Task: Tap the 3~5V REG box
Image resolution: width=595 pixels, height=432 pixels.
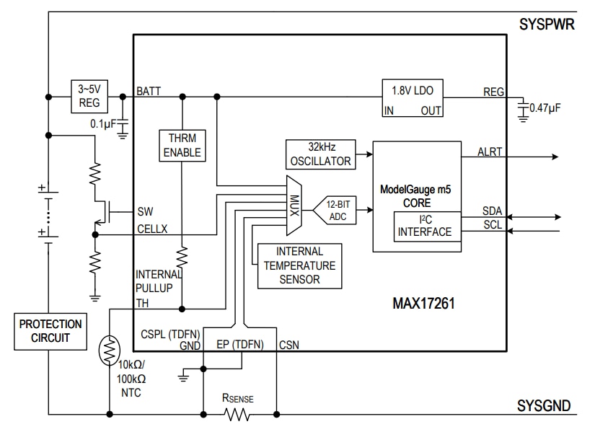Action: tap(90, 97)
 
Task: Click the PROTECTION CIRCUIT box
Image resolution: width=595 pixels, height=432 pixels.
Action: tap(50, 332)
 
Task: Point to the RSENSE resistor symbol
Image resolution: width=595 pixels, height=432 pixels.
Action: tap(238, 415)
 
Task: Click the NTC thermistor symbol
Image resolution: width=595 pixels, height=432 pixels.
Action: tap(110, 351)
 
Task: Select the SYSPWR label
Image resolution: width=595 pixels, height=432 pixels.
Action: tap(546, 24)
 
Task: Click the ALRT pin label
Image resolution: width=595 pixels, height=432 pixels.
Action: tap(490, 152)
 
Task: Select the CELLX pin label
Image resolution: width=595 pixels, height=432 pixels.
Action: tap(154, 229)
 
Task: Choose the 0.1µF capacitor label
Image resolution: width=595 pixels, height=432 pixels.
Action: tap(102, 123)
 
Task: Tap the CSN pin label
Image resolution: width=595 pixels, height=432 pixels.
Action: tap(288, 345)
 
